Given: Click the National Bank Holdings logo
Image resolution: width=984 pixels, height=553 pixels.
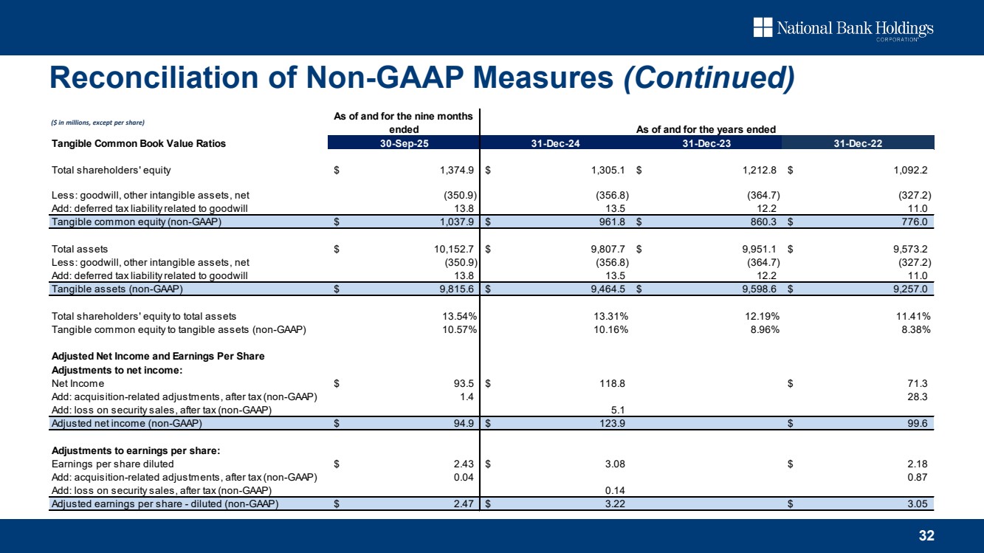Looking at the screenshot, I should (842, 29).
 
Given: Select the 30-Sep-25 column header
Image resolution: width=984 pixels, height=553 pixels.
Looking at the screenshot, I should (403, 143).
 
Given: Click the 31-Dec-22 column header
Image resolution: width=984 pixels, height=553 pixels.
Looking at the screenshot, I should (858, 143).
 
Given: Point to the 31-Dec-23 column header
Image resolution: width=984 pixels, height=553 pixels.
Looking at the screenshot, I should (706, 143).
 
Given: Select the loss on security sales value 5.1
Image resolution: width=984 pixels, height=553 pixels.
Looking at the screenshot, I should (620, 410).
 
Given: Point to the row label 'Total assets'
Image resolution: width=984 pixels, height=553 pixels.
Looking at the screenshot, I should (80, 249).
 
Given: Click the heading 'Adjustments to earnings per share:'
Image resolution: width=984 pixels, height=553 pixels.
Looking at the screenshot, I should (126, 450).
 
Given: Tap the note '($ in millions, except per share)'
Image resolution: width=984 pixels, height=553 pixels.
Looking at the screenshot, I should (97, 122).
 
